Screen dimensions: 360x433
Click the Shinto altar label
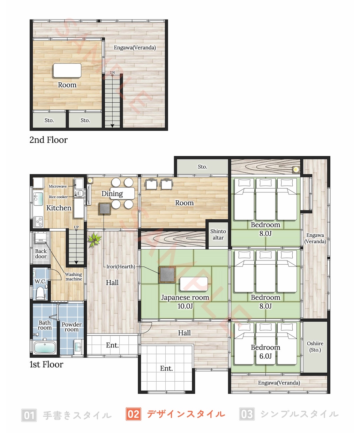[x=218, y=234]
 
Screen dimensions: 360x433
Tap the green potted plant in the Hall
[x=94, y=240]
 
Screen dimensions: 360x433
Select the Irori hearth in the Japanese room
[x=167, y=274]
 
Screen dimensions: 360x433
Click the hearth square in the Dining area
[x=104, y=208]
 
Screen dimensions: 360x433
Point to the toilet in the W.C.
[x=40, y=293]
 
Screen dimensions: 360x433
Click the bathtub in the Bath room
[x=45, y=347]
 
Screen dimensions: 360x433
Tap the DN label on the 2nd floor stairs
[x=112, y=72]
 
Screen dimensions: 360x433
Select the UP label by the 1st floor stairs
[x=76, y=227]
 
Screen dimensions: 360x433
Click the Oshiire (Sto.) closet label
[x=315, y=346]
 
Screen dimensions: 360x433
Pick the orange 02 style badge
[x=133, y=414]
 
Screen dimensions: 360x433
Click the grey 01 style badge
[x=29, y=415]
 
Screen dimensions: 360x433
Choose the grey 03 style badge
[x=247, y=414]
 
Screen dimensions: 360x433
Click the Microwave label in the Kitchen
[x=58, y=186]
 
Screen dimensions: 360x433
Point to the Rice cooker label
[x=58, y=197]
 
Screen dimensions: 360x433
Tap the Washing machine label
[x=74, y=277]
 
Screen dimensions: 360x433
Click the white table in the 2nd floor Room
[x=67, y=71]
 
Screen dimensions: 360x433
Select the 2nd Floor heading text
[x=48, y=140]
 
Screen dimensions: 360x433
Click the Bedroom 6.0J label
[x=265, y=352]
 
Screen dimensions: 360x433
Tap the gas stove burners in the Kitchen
[x=39, y=221]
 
